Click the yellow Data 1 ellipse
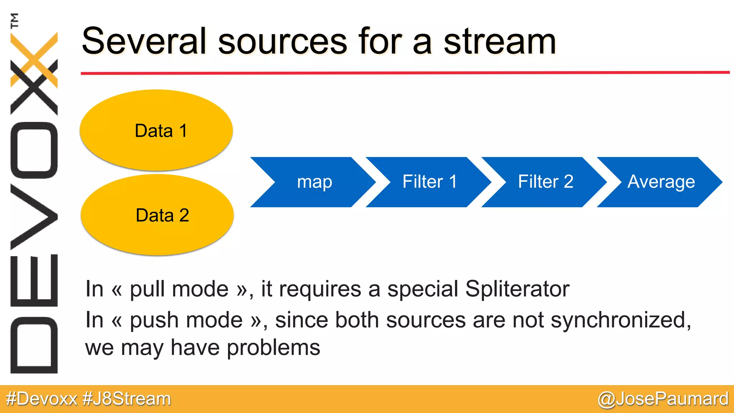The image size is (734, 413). tap(156, 130)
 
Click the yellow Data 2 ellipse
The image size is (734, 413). tap(157, 215)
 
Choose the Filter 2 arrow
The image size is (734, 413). tap(545, 182)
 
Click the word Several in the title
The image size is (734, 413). tap(144, 42)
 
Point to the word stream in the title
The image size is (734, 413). tap(500, 42)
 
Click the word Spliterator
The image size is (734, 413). tap(517, 289)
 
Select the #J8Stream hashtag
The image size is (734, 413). tap(127, 399)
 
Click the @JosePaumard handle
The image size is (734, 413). tap(663, 399)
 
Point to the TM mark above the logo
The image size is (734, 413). tap(15, 20)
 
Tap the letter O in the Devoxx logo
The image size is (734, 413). tap(34, 150)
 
